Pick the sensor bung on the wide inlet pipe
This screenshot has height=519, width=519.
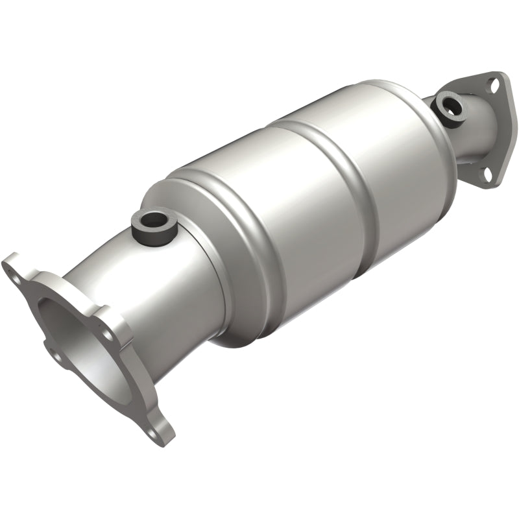click(155, 226)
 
